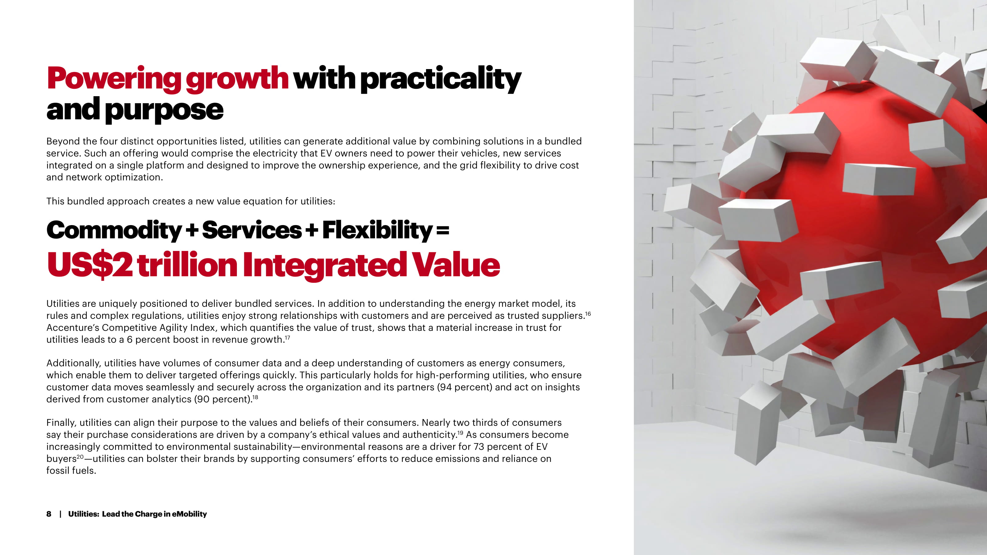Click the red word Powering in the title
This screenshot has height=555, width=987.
(x=114, y=79)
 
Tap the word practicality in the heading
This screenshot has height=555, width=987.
(x=441, y=79)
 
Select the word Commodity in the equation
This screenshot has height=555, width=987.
(x=114, y=231)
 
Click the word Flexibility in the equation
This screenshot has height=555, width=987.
(x=378, y=231)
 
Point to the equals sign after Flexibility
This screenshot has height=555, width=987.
(x=443, y=231)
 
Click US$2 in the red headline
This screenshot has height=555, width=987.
(x=90, y=265)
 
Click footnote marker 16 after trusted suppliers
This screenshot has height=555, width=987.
(x=588, y=314)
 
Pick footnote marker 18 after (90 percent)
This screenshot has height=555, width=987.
(x=255, y=397)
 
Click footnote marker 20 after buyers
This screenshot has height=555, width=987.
(x=80, y=457)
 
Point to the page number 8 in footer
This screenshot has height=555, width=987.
(x=49, y=514)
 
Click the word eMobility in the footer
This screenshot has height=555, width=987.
(x=189, y=514)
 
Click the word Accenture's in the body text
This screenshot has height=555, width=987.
(x=74, y=328)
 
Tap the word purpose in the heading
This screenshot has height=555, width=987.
(x=164, y=110)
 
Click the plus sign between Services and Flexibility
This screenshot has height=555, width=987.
(x=312, y=231)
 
